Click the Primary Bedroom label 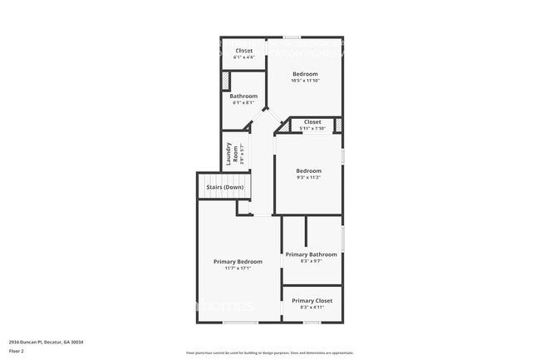[x=238, y=261]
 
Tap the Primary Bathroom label [x=312, y=254]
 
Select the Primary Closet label [x=312, y=300]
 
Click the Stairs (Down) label [x=225, y=187]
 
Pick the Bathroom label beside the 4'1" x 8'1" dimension [x=244, y=96]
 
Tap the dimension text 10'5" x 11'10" [x=305, y=81]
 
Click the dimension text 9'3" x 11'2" [x=309, y=177]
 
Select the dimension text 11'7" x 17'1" [x=238, y=269]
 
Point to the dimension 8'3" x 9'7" [x=312, y=261]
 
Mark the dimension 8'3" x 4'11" [x=312, y=308]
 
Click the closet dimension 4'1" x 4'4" [x=244, y=57]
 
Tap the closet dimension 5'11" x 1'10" [x=312, y=129]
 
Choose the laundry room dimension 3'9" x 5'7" [x=242, y=155]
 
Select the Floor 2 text [x=17, y=351]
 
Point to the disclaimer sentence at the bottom [x=269, y=353]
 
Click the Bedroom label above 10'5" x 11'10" [x=305, y=74]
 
